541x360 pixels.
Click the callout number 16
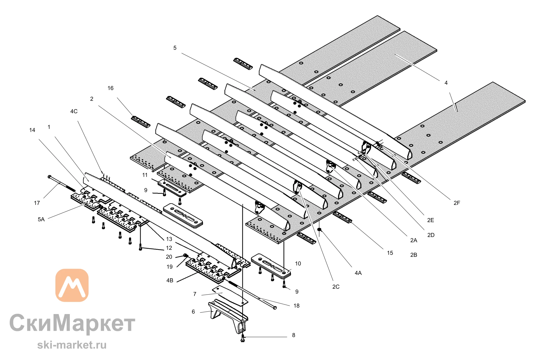110,88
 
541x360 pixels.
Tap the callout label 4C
74,111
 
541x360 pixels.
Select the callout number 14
32,130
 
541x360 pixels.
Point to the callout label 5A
41,219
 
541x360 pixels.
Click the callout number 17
37,203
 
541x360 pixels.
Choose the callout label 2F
457,203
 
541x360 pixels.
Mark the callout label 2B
414,255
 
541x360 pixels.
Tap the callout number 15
390,253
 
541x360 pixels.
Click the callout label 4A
358,273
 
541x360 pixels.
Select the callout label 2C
336,287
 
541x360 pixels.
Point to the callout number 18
296,306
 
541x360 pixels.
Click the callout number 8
293,335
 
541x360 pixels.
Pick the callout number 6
193,312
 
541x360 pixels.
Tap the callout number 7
195,294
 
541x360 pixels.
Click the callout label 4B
170,281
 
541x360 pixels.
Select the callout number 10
298,264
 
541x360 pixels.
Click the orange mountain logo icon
72,285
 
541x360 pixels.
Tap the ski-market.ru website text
72,345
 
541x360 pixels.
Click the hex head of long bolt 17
49,177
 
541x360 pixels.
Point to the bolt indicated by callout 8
243,338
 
